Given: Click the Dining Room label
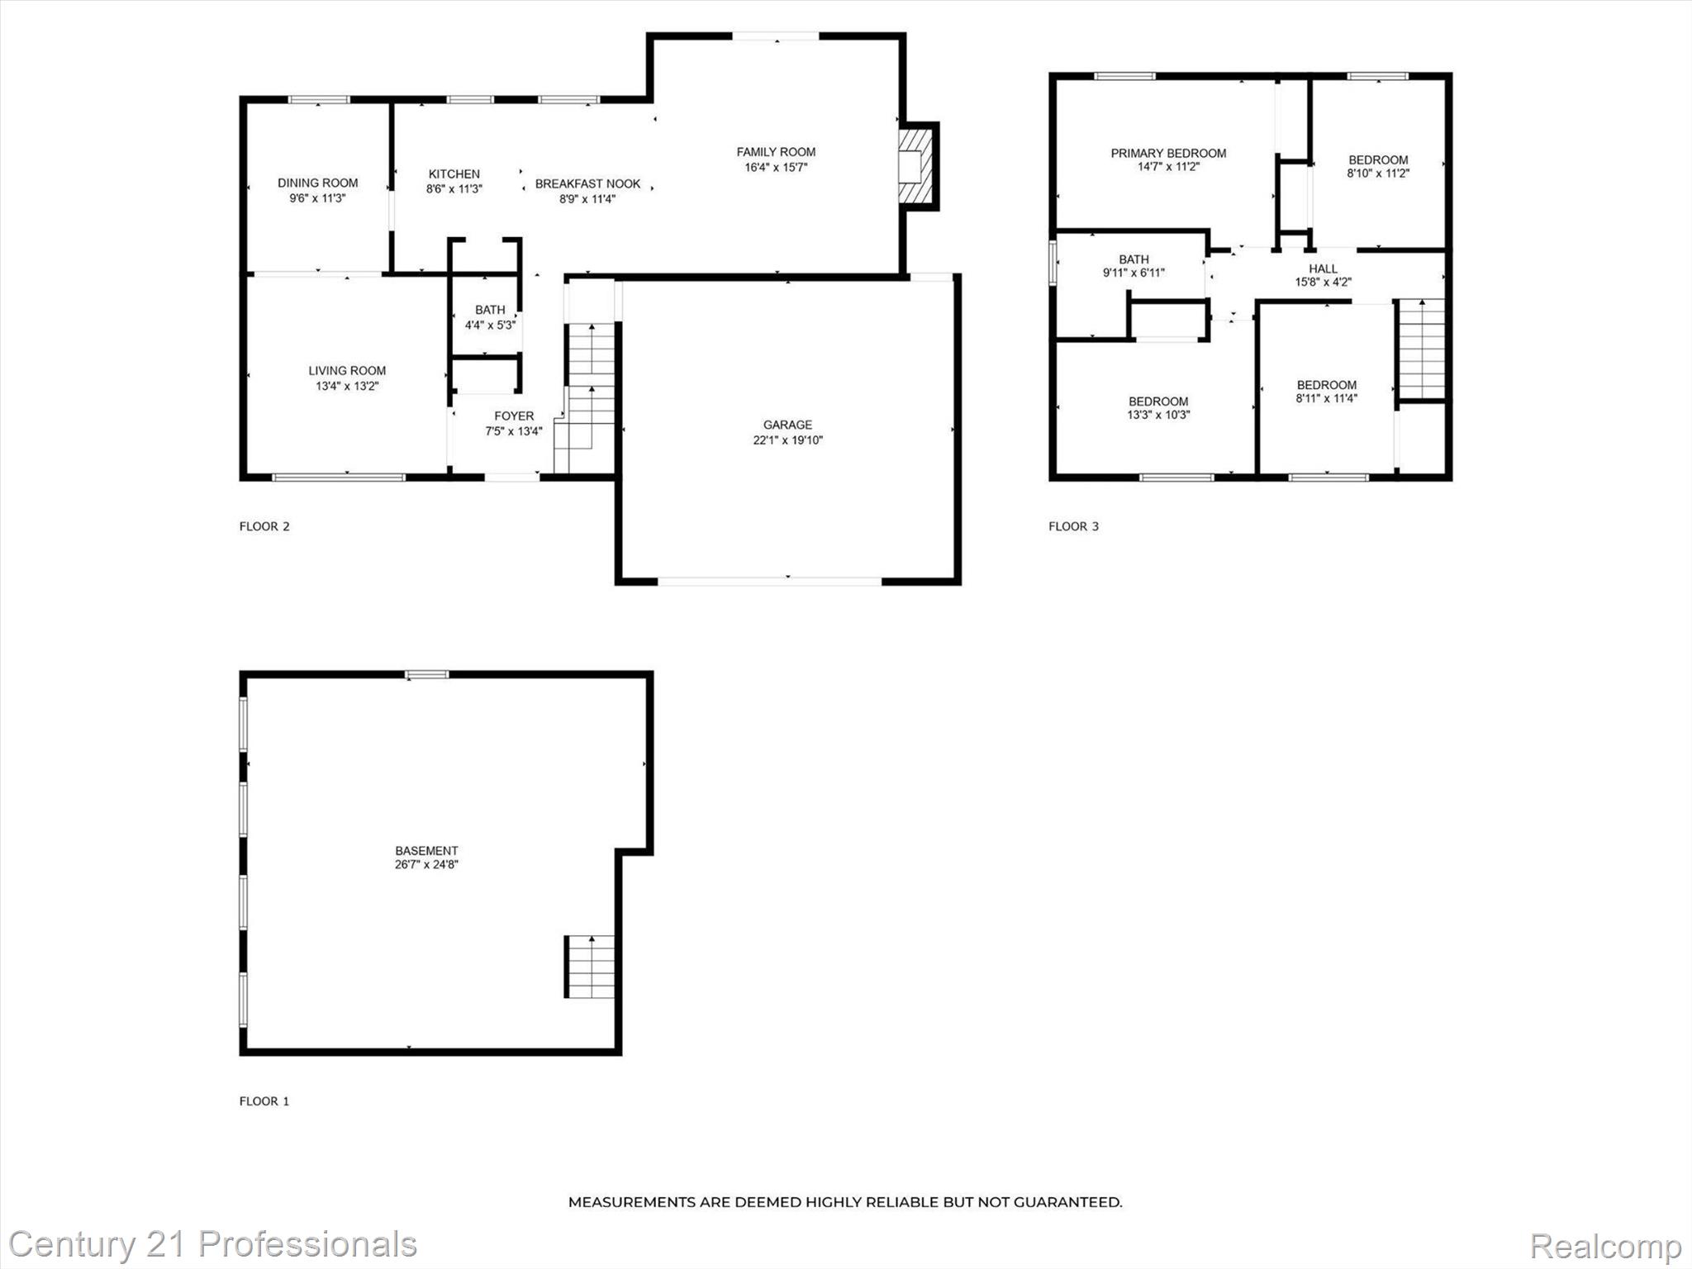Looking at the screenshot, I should (317, 183).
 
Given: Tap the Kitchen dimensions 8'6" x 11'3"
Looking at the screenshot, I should (454, 189).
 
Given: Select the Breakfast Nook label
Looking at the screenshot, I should (587, 184).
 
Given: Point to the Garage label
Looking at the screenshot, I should (787, 425).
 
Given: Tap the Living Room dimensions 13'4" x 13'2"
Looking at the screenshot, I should (347, 386).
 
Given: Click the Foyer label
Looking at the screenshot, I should (514, 416).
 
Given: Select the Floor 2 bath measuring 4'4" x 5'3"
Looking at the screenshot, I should (490, 317).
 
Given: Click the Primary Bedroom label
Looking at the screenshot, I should (1168, 153).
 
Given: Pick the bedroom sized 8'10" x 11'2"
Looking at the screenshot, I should (1378, 167).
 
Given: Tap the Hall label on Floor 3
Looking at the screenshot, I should (1323, 269).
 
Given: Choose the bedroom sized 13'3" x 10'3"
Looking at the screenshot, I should (1158, 408).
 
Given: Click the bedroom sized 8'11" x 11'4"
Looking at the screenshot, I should (1326, 392).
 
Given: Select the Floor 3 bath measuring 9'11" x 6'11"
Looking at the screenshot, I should (1134, 266).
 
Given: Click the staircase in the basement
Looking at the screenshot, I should (590, 967).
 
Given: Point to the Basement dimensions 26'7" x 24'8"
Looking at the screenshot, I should (426, 865).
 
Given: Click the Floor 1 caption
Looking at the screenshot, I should (264, 1101).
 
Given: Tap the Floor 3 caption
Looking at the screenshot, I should (1073, 526).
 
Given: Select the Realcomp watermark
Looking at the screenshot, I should (1605, 1246).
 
